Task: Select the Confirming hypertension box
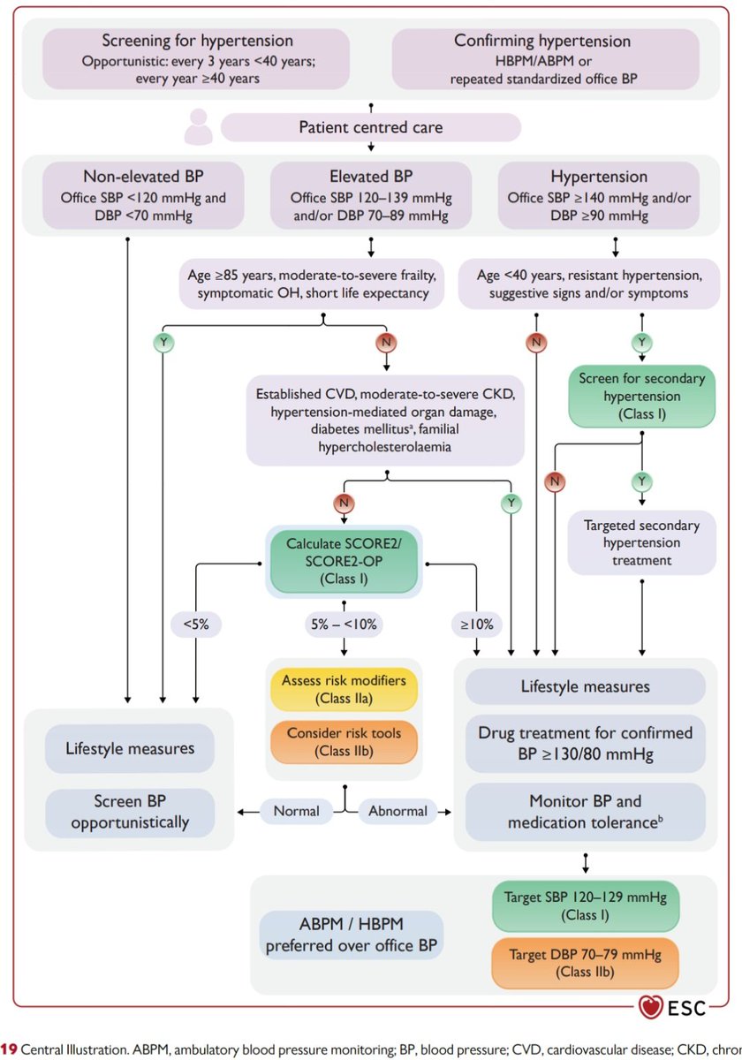tap(542, 58)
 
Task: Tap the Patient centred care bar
tap(371, 127)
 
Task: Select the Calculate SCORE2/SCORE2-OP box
tap(347, 561)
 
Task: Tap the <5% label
tap(195, 625)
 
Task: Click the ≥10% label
tap(476, 625)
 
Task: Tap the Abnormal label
tap(397, 810)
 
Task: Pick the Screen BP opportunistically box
tap(129, 812)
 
